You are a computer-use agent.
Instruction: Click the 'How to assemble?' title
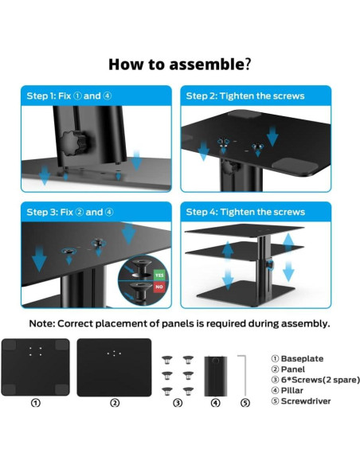click(x=180, y=64)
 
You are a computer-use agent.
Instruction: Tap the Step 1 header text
click(x=69, y=96)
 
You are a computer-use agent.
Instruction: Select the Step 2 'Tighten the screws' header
click(x=245, y=96)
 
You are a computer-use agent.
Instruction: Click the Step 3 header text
click(x=70, y=212)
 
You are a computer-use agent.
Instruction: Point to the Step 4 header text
click(x=245, y=212)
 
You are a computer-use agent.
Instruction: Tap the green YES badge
click(x=159, y=275)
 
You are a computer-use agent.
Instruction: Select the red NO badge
click(x=159, y=287)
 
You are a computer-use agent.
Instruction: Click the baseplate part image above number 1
click(x=36, y=367)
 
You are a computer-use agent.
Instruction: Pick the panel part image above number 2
click(x=114, y=367)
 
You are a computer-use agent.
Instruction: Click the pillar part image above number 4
click(x=216, y=376)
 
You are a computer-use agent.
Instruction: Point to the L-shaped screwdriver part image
click(x=245, y=375)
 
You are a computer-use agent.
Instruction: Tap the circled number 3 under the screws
click(x=178, y=403)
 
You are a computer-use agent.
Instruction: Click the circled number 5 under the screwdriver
click(x=245, y=403)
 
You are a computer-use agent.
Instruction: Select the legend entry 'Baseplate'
click(x=297, y=358)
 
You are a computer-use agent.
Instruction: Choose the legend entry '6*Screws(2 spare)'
click(x=315, y=380)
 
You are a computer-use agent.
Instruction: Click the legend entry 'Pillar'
click(x=288, y=390)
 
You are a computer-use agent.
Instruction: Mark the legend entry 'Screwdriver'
click(x=301, y=401)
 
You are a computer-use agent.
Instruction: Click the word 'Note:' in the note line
click(x=42, y=323)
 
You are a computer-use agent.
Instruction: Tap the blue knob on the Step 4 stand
click(x=270, y=264)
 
